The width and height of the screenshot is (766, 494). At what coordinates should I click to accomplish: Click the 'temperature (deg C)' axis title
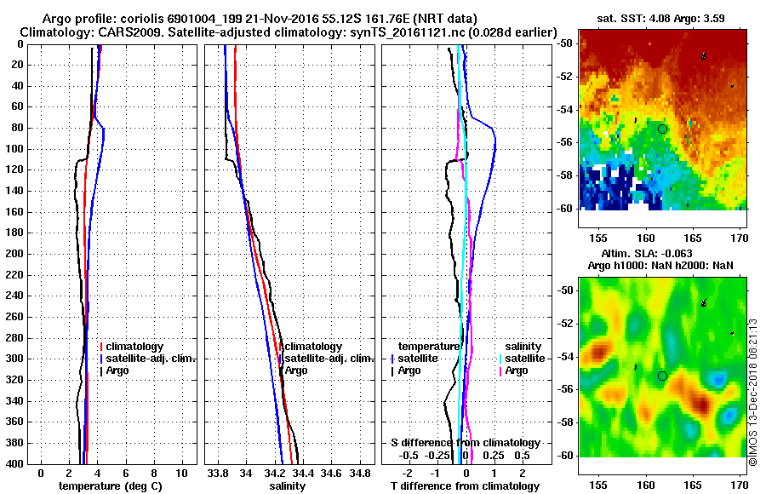pyautogui.click(x=110, y=485)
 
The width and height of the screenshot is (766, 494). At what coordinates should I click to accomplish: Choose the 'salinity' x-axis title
pyautogui.click(x=287, y=485)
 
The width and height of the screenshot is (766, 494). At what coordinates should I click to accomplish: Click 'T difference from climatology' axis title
pyautogui.click(x=465, y=485)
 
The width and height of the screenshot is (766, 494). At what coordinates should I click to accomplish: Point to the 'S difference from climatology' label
pyautogui.click(x=465, y=443)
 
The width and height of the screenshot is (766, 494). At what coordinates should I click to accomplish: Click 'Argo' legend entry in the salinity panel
pyautogui.click(x=296, y=370)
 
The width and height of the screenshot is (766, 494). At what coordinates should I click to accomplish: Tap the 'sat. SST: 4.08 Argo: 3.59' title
pyautogui.click(x=663, y=18)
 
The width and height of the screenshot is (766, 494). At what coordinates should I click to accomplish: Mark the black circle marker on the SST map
pyautogui.click(x=662, y=129)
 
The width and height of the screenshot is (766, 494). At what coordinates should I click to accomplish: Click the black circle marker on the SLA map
pyautogui.click(x=662, y=376)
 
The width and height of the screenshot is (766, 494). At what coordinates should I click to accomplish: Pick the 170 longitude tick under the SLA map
pyautogui.click(x=740, y=472)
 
